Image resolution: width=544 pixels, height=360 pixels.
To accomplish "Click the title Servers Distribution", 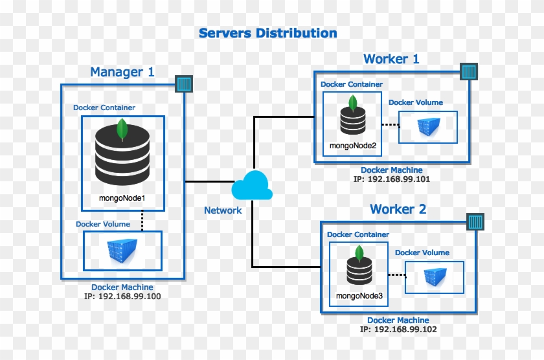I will tap(267, 33).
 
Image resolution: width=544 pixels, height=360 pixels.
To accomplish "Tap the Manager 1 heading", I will tap(122, 72).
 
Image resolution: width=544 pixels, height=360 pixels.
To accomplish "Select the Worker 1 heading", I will tap(391, 59).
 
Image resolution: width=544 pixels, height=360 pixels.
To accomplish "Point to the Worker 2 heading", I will tap(398, 209).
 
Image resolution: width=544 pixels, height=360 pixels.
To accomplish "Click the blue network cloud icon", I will tap(251, 186).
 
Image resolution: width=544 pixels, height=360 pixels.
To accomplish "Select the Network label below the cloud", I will tap(223, 210).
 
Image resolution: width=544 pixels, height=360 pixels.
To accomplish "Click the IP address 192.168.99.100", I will tap(122, 297).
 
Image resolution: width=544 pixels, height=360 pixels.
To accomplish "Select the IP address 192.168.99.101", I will tap(392, 179).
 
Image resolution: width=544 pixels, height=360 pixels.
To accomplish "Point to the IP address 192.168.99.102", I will tap(398, 329).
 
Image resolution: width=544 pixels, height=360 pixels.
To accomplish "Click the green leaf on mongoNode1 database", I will tap(122, 130).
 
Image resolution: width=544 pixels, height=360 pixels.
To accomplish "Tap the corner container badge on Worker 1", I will tap(468, 71).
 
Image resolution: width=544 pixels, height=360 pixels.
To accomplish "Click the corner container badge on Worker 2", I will tap(475, 222).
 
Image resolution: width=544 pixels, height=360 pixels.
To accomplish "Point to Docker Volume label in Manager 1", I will tap(103, 224).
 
